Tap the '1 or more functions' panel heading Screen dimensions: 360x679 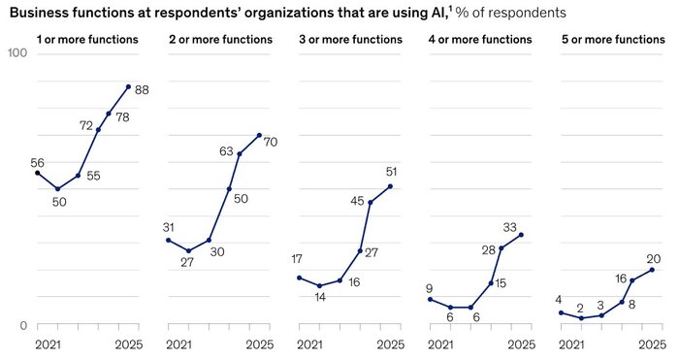coord(86,40)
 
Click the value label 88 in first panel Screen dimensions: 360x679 coord(142,90)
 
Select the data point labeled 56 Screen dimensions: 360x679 coord(37,173)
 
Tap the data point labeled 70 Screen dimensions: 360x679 coord(259,135)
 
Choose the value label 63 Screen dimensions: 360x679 coord(226,150)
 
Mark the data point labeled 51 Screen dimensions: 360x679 coord(390,186)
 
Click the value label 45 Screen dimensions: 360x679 coord(357,201)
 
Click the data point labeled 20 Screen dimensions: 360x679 coord(652,270)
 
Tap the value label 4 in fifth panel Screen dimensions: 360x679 coord(559,299)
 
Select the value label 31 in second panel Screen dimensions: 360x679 coord(168,227)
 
